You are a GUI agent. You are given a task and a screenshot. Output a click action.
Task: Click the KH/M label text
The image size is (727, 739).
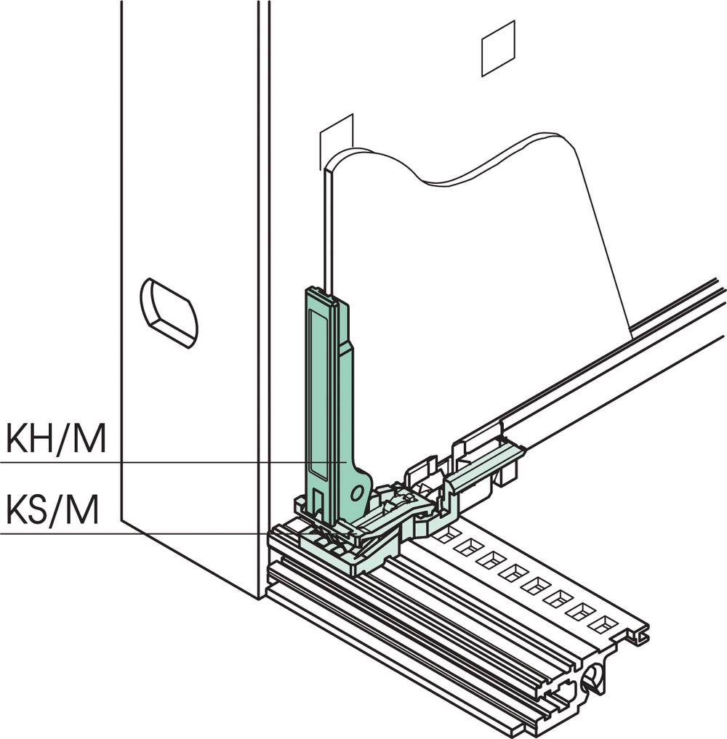(x=56, y=439)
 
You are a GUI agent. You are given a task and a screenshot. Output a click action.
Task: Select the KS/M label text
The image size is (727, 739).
(x=52, y=509)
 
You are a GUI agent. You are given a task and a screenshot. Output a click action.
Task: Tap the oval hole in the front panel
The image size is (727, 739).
(x=169, y=313)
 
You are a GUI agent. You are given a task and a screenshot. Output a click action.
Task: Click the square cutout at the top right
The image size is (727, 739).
(x=498, y=48)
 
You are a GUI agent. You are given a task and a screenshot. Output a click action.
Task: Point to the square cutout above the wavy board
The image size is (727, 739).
(x=337, y=142)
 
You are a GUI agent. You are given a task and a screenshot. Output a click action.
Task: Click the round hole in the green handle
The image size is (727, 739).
(x=357, y=493)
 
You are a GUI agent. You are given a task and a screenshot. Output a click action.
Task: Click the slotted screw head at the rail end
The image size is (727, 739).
(x=593, y=678)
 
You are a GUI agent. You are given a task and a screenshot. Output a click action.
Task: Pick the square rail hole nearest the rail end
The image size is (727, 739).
(x=601, y=624)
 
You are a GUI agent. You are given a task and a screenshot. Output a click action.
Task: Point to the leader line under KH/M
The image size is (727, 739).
(x=174, y=463)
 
